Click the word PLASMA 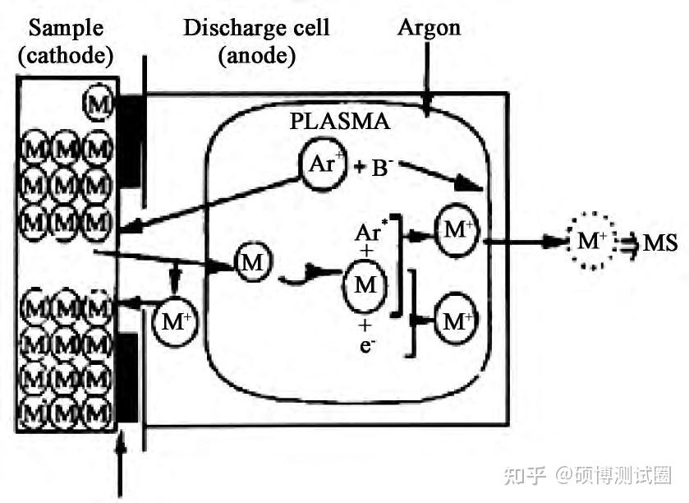pos(339,122)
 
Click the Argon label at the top pos(429,27)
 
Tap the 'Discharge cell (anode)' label pos(255,41)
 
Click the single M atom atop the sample pos(97,104)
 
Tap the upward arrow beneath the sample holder pos(123,468)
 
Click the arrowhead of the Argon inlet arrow pos(426,105)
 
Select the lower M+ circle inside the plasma pos(457,320)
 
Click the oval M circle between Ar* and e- pos(365,284)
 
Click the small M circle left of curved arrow pos(250,262)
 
